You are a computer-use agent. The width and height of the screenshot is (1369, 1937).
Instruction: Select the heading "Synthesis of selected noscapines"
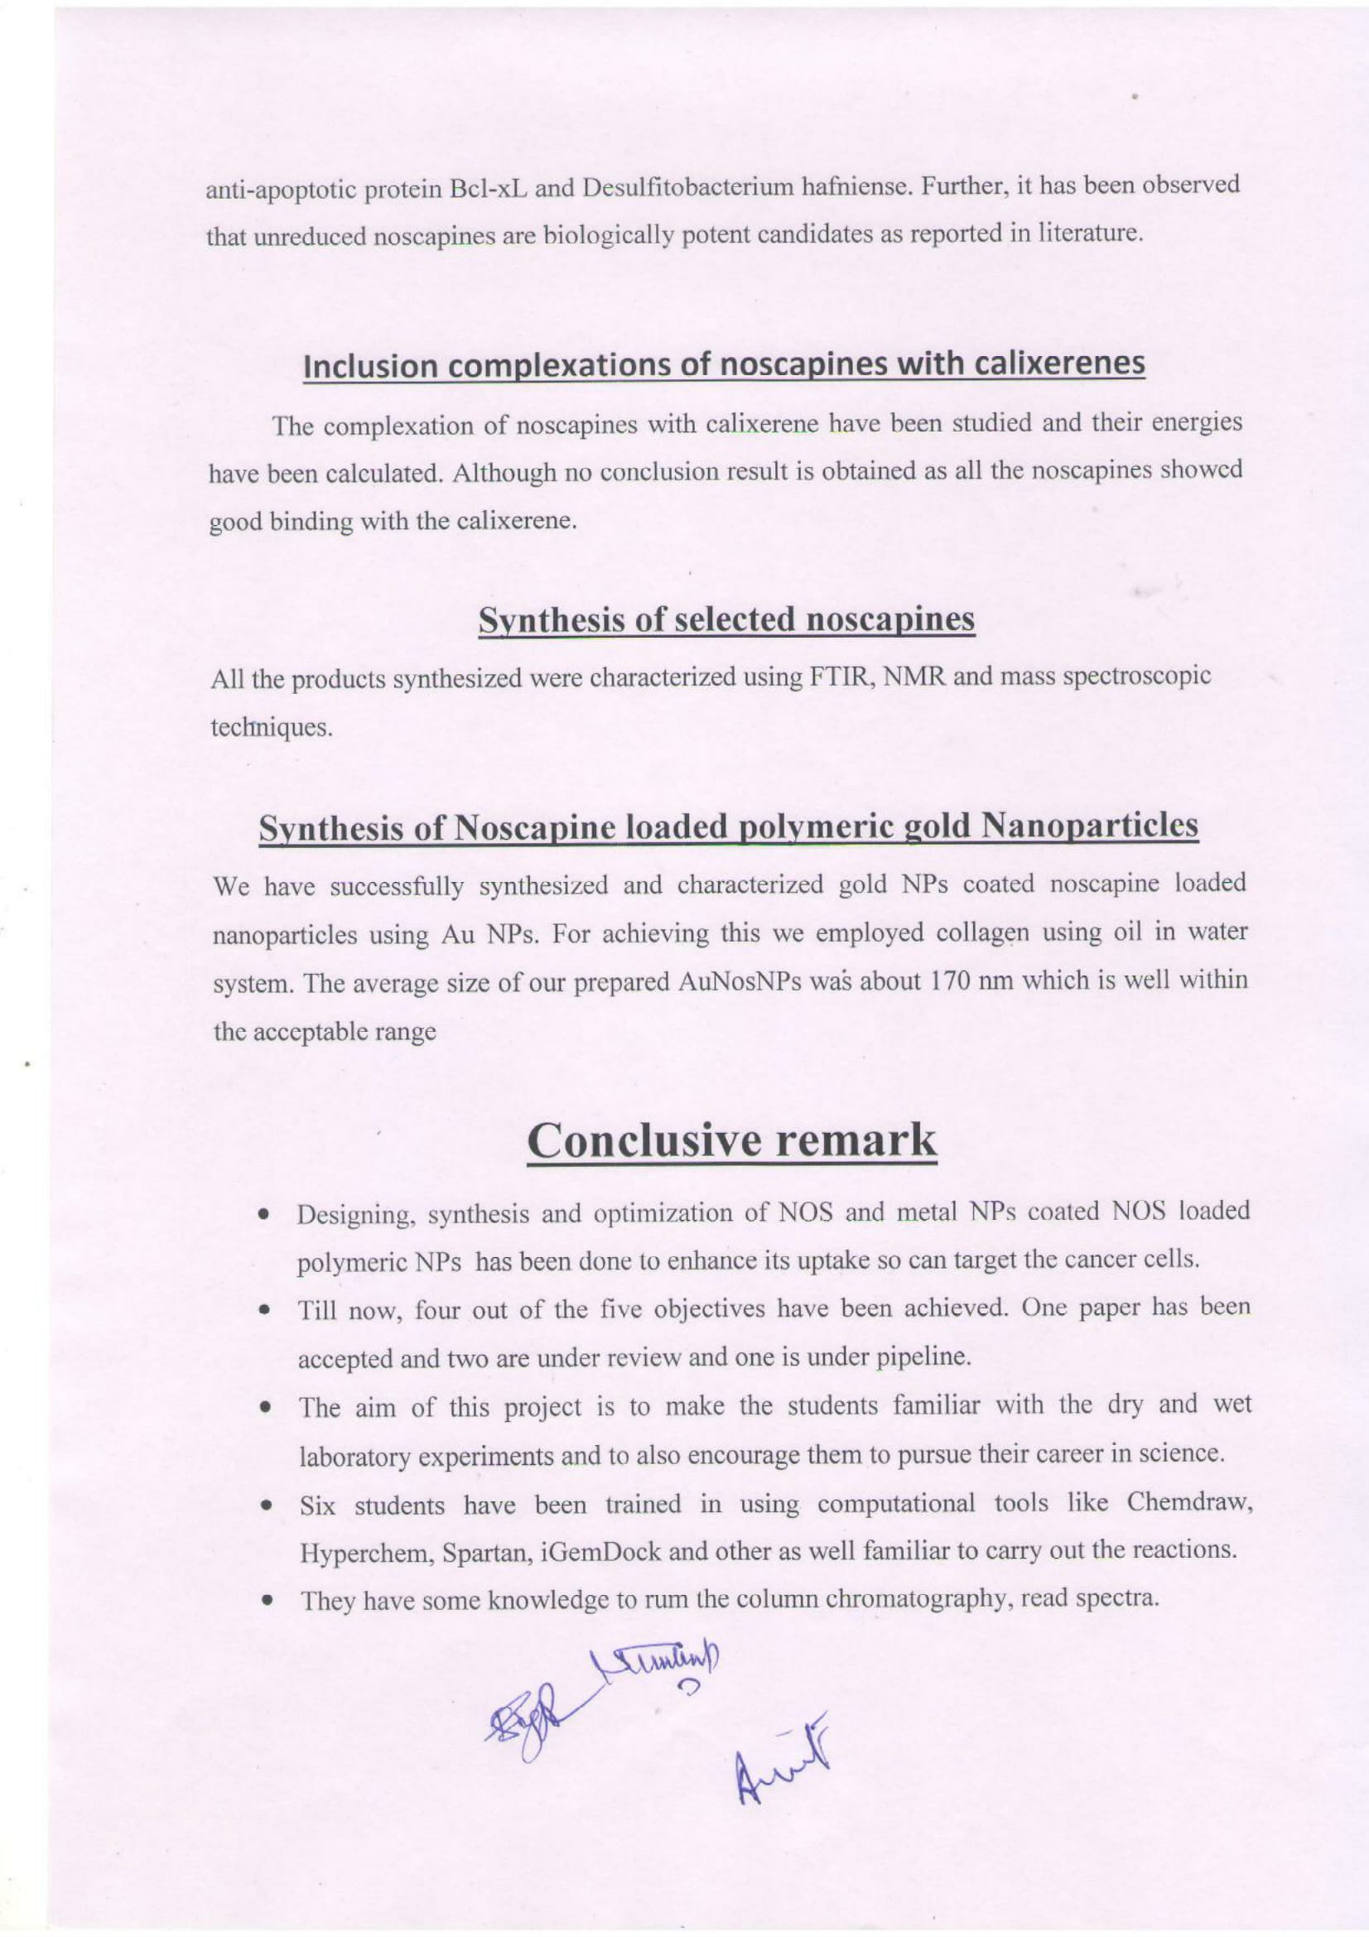point(726,621)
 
